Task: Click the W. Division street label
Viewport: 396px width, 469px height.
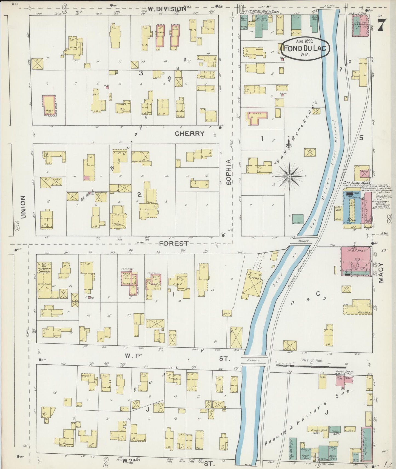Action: [167, 9]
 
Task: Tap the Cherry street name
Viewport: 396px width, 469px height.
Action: [190, 133]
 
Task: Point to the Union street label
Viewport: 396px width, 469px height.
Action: [23, 207]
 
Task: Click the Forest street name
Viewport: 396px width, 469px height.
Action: [174, 244]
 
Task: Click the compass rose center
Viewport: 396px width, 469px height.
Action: [289, 176]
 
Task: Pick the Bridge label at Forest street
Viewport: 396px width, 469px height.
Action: [303, 241]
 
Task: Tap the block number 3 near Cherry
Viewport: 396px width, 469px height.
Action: [141, 73]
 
